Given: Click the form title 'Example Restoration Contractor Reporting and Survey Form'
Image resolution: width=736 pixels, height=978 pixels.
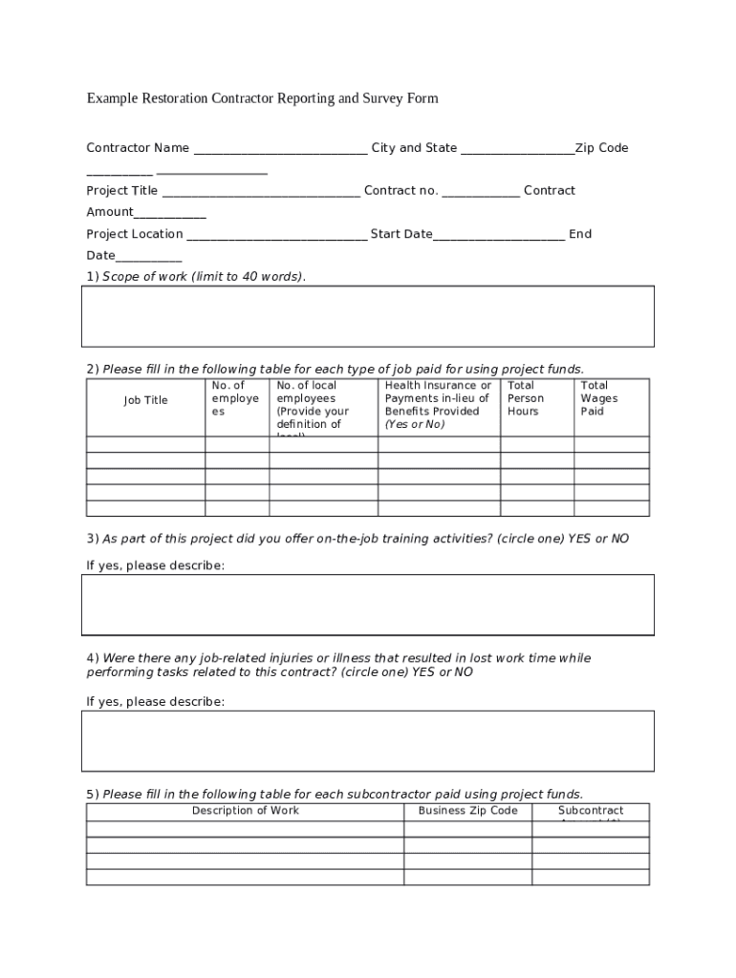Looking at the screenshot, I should pos(262,98).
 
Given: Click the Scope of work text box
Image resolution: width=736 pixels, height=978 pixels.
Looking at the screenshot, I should pos(368,316).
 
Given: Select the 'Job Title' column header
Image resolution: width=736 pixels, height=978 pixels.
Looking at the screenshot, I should pos(145,401).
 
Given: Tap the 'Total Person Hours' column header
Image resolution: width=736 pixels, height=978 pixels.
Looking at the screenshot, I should pos(526,398).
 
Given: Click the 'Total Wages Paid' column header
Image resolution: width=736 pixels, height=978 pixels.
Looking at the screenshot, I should pos(599,398).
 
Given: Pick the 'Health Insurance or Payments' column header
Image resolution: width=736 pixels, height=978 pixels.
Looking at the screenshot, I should pos(438,405).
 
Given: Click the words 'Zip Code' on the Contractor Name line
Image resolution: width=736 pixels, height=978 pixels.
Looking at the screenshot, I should pos(602,148).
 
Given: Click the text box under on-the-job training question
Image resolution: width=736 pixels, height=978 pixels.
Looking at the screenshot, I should pos(368,605).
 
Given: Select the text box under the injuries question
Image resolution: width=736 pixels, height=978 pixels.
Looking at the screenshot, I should pos(368,740).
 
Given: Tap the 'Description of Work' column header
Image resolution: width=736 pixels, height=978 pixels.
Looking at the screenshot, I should pos(245,811).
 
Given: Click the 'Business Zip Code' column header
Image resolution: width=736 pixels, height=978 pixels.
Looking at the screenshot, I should pos(467,811).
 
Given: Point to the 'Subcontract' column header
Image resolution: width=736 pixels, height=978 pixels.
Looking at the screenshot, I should pos(591,811).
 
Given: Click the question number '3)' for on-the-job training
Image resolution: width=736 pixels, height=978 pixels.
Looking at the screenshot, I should pos(93,539).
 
